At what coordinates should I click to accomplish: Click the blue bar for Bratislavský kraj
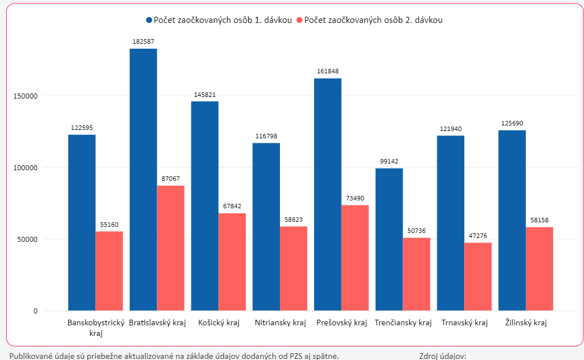coord(143,179)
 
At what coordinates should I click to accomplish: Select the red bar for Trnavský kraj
coord(478,277)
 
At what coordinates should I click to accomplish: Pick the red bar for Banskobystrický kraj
coord(109,271)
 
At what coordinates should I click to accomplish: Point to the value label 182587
coord(143,42)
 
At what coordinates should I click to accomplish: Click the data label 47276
coord(478,236)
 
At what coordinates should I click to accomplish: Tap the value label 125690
coord(512,123)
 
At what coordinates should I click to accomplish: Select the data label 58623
coord(293,219)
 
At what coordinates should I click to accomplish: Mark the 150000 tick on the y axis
coord(25,96)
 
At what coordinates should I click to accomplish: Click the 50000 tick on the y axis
coord(26,239)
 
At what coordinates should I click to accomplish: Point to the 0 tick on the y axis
coord(35,311)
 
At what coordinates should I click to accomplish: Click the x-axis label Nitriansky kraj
coord(280,323)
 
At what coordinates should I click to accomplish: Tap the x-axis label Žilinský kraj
coord(526,323)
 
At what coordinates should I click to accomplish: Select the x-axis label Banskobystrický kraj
coord(95,328)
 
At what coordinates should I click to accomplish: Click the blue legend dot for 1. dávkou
coord(149,20)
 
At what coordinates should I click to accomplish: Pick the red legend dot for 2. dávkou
coord(300,20)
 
